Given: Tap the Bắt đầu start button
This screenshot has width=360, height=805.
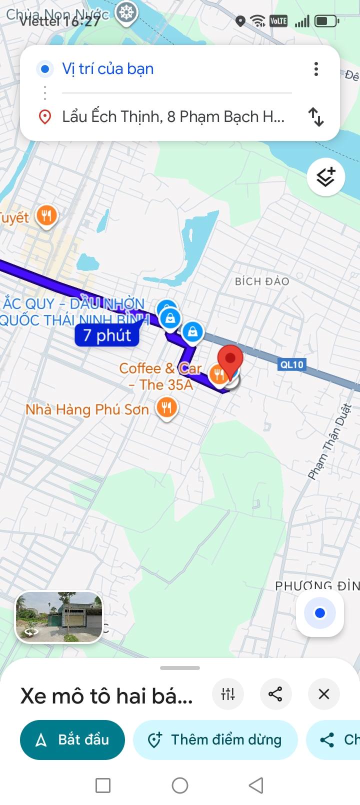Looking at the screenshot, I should tap(72, 739).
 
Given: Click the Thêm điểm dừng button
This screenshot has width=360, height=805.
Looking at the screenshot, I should tap(215, 739).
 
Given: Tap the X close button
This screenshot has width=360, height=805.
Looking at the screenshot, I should tap(323, 694).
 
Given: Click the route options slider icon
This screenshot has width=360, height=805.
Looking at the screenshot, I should tap(228, 694).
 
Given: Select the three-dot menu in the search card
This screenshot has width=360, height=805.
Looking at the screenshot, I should tap(316, 69).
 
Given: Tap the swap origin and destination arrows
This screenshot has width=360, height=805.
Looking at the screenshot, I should tap(316, 116).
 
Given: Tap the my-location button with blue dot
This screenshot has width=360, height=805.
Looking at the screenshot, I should tap(320, 612).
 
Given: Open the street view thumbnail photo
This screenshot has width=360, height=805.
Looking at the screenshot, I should tap(59, 617).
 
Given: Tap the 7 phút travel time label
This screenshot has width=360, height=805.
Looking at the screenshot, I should tap(107, 335).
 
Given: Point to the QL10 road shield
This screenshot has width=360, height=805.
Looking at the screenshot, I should tap(291, 364).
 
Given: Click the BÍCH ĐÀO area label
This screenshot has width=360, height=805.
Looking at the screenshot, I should tap(262, 281).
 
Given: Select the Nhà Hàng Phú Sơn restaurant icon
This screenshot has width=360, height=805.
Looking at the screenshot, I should tap(166, 407).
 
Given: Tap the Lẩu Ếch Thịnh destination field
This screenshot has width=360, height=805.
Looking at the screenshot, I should tap(172, 116).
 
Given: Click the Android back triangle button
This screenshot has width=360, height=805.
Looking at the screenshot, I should tap(256, 785).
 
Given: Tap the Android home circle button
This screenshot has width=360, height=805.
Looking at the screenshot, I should tap(180, 785).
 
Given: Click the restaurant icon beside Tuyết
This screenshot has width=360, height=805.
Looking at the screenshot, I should tap(46, 216).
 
